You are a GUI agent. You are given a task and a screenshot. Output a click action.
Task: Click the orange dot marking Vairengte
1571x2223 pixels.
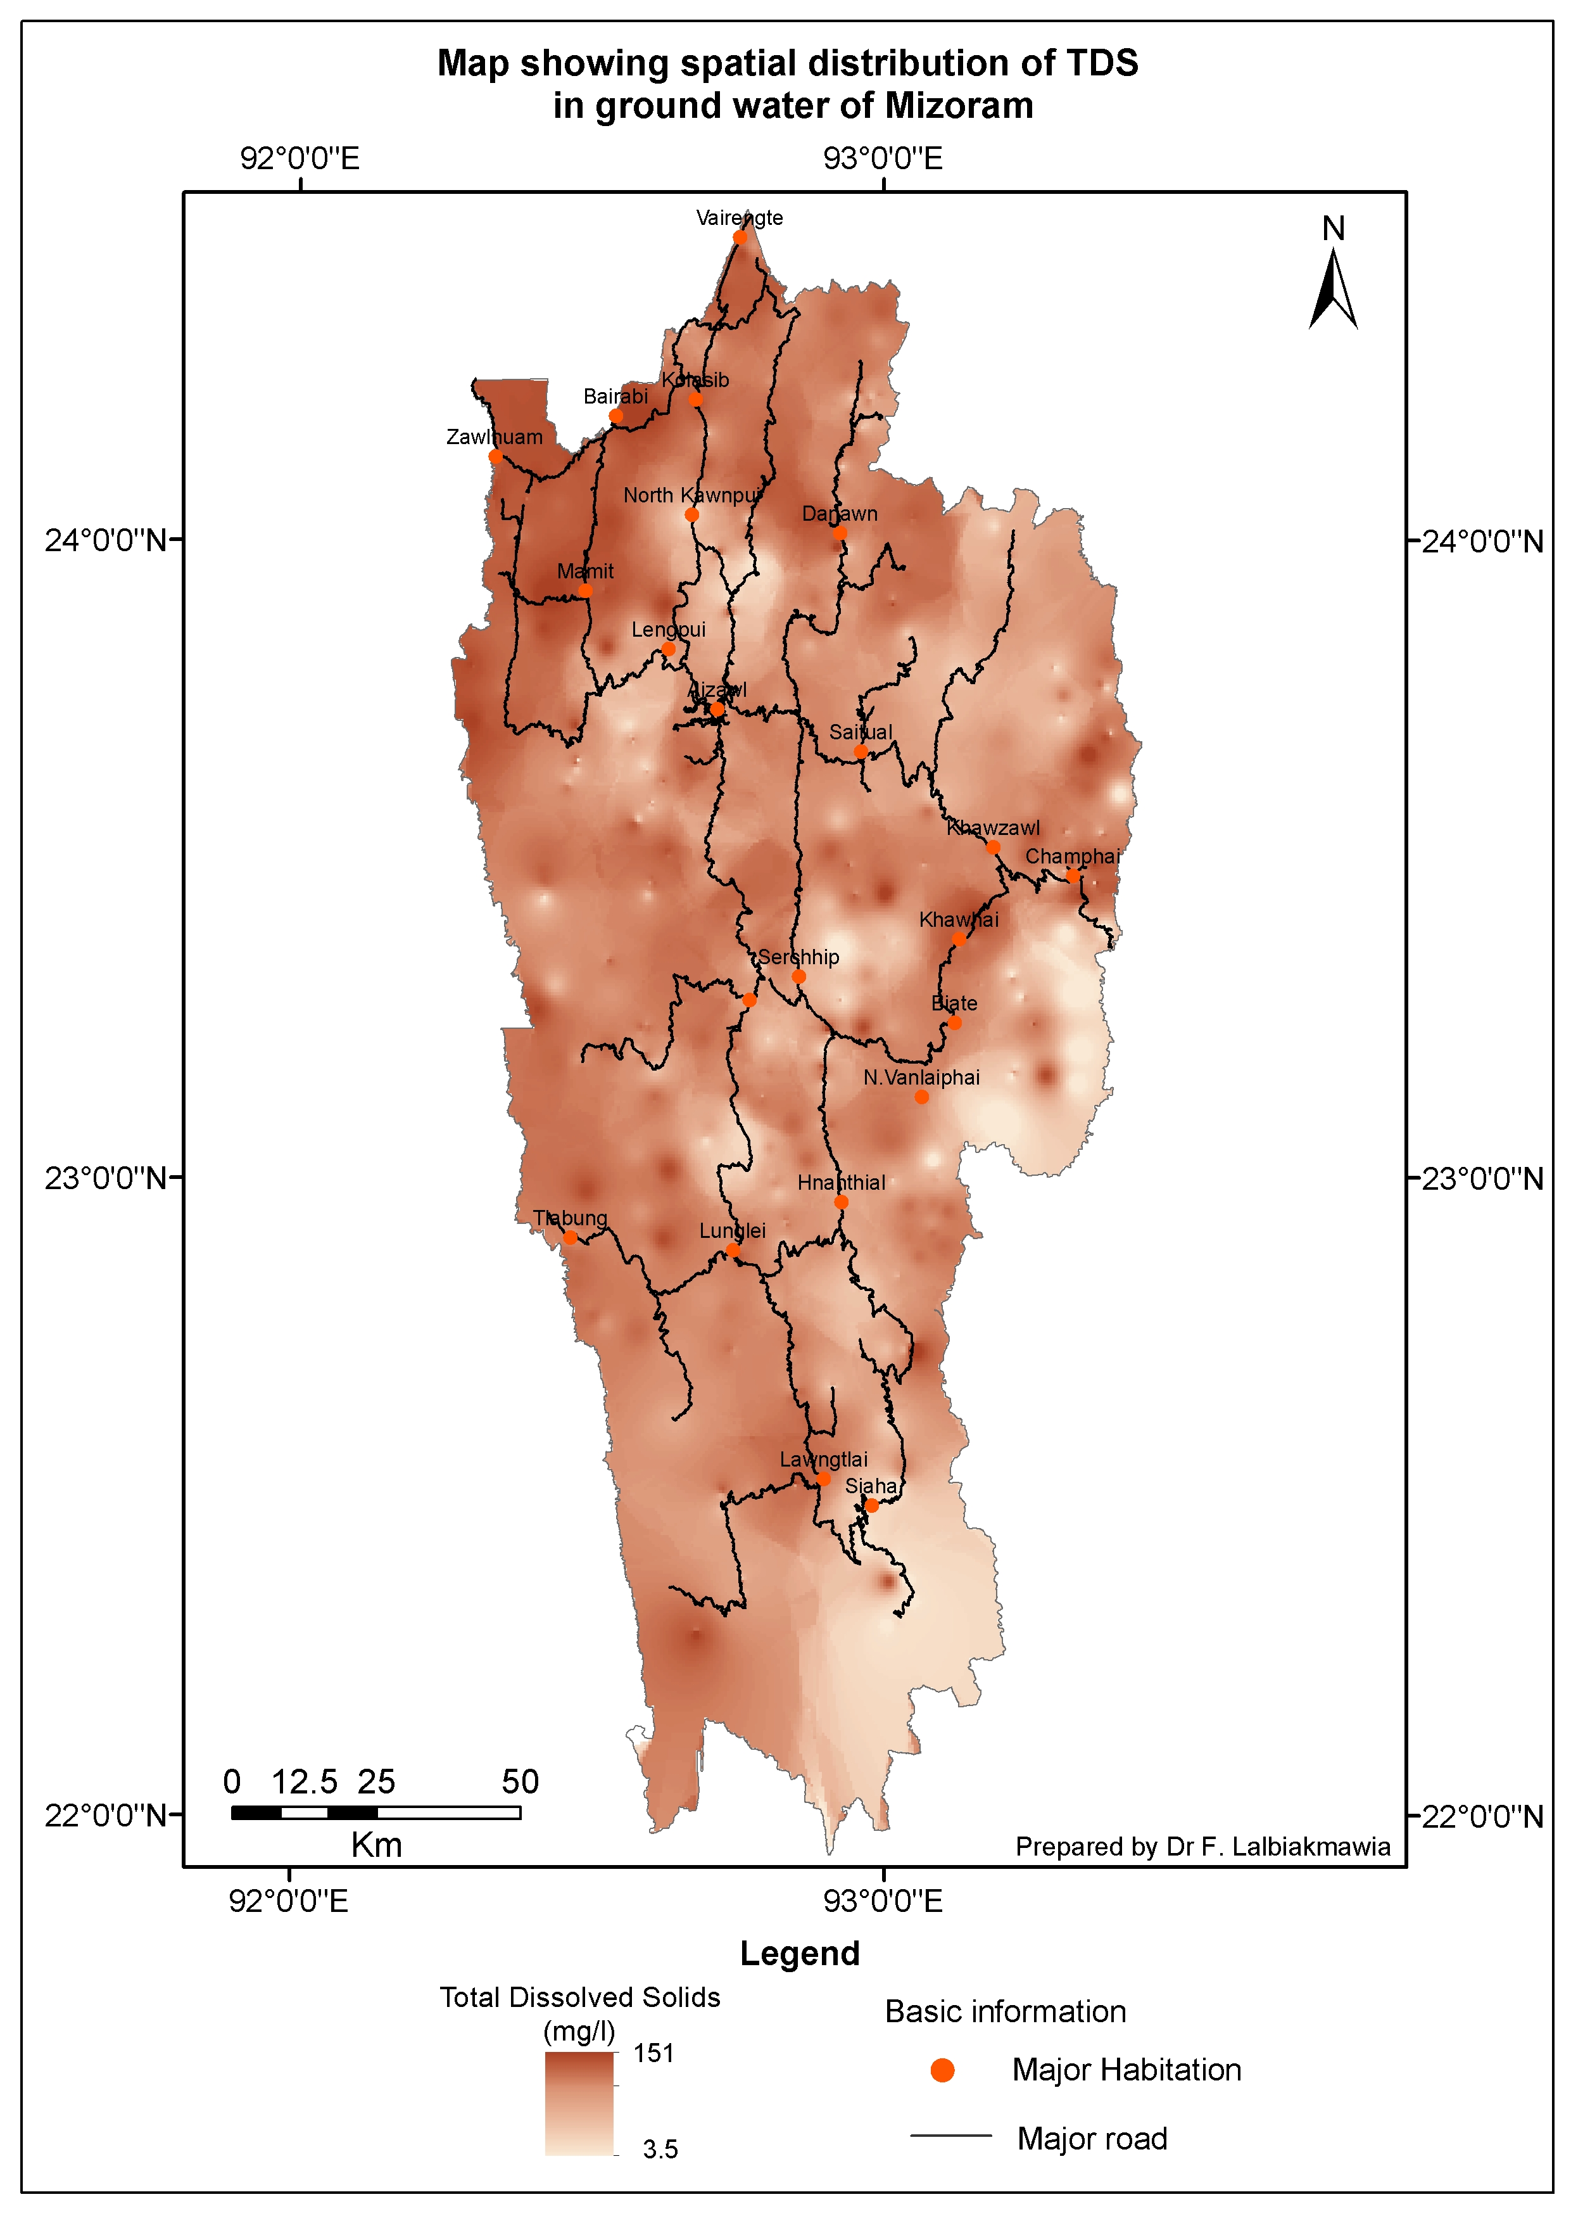click(740, 237)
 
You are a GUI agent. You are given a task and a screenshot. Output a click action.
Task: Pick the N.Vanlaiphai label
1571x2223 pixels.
click(921, 1078)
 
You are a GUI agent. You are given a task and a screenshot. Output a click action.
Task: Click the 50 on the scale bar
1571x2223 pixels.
click(520, 1781)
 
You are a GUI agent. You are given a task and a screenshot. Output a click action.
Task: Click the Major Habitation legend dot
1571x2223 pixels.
click(942, 2070)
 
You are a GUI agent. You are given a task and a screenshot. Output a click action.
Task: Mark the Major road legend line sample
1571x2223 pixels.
click(950, 2135)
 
